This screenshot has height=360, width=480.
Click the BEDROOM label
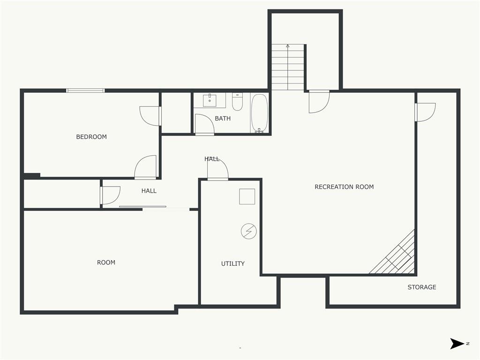[91, 137]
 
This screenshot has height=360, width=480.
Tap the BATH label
[223, 119]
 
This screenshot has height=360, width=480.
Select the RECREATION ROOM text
[344, 187]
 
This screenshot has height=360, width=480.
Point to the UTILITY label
[232, 263]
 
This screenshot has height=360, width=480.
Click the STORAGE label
[422, 287]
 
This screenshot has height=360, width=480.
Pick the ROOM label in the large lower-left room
[106, 262]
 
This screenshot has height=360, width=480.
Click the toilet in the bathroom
[237, 102]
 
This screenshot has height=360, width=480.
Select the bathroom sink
[210, 100]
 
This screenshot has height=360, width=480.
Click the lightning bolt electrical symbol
[248, 231]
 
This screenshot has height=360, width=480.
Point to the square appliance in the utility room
[247, 196]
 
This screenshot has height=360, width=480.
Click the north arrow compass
[457, 344]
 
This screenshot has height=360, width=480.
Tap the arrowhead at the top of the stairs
[288, 46]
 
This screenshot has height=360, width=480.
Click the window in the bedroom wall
[85, 90]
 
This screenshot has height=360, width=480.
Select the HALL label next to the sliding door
[149, 191]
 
